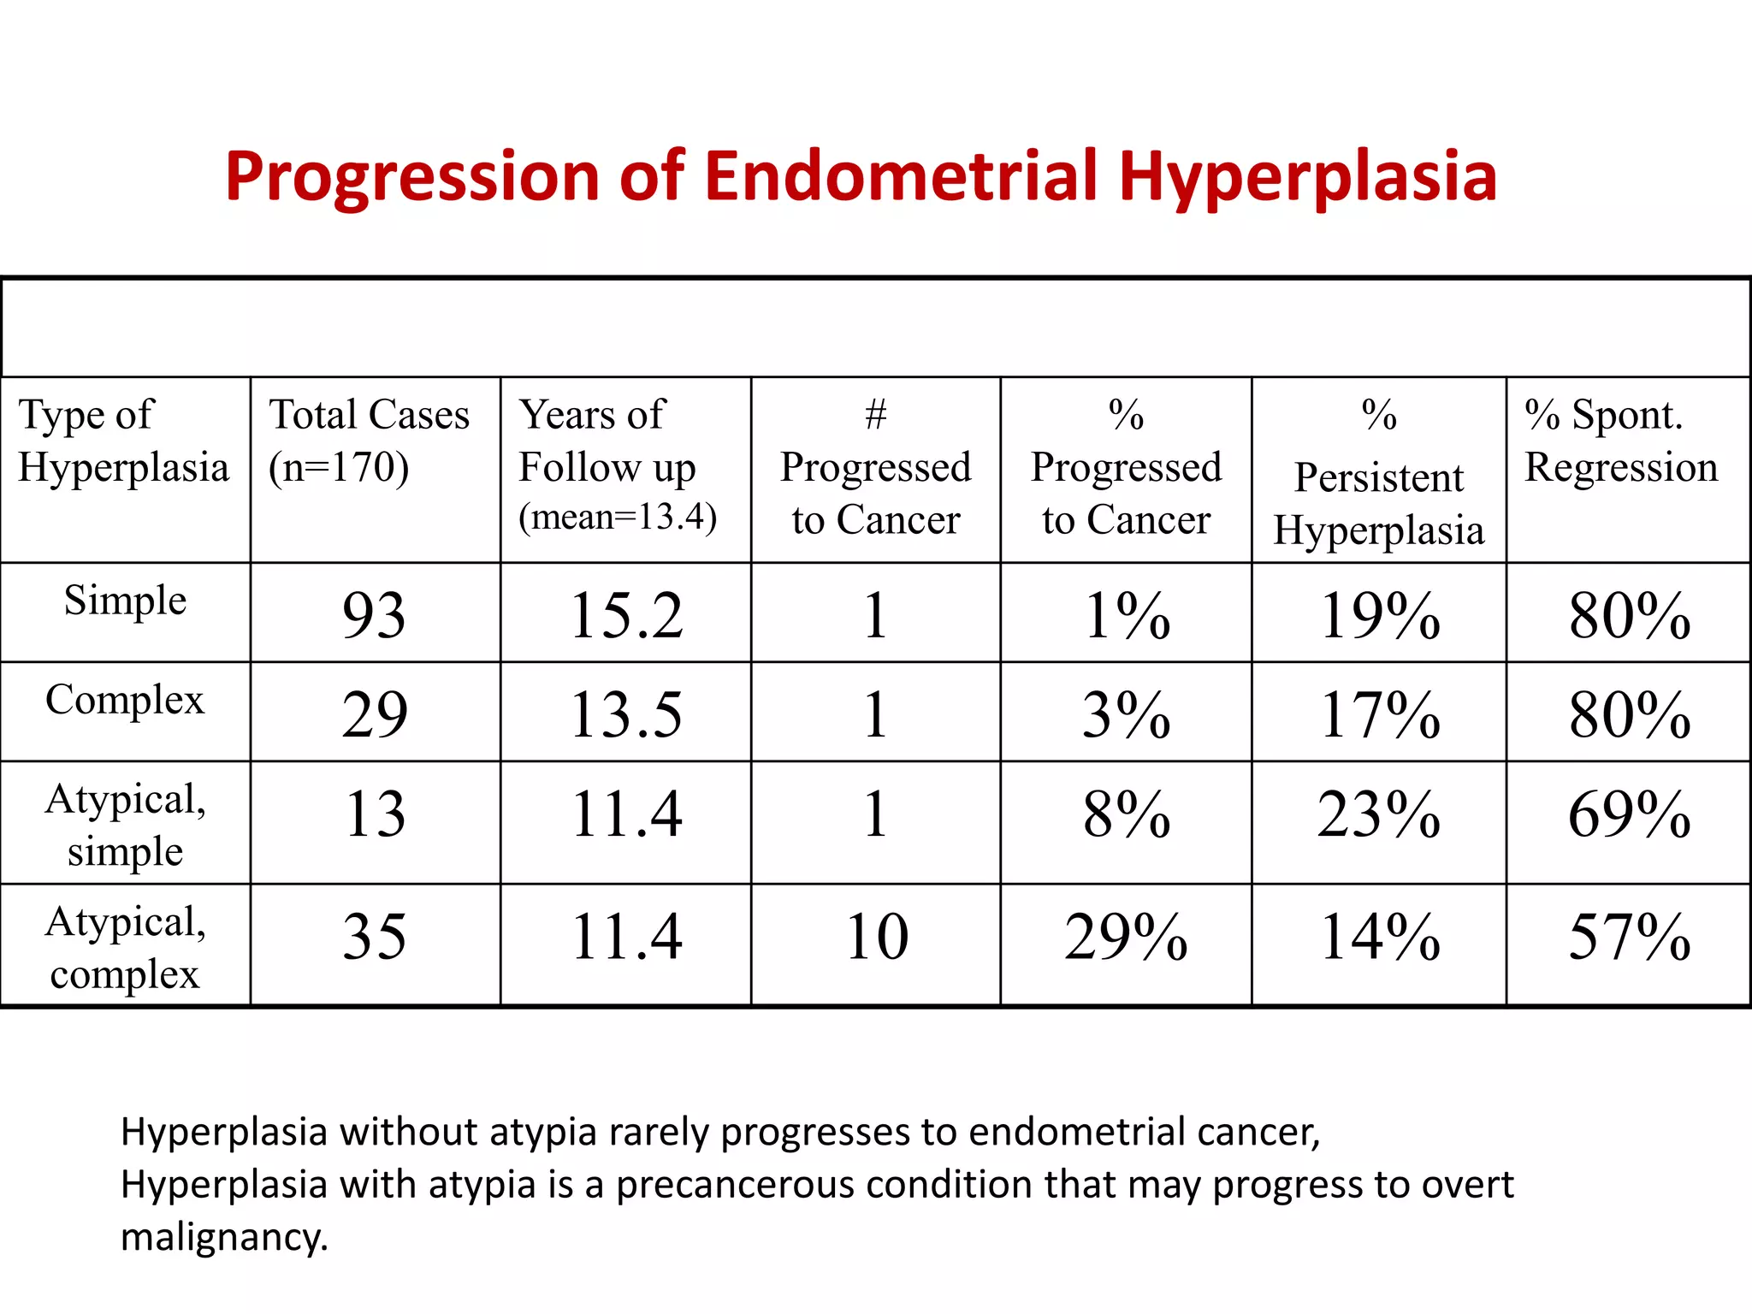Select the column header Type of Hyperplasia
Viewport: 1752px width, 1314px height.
click(x=123, y=441)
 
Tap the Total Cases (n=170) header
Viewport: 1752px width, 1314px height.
click(x=369, y=441)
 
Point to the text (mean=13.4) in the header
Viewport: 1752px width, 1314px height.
click(x=618, y=517)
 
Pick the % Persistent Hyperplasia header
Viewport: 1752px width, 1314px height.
click(x=1378, y=475)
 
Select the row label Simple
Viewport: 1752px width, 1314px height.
click(x=125, y=601)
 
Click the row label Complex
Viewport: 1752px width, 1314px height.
click(x=125, y=700)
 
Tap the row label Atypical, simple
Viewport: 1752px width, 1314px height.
click(x=125, y=825)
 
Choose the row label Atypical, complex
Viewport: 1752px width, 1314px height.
click(x=125, y=948)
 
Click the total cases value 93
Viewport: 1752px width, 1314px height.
click(x=374, y=615)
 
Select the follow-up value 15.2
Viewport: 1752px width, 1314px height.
click(x=626, y=615)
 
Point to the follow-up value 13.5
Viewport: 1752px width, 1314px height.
click(x=626, y=714)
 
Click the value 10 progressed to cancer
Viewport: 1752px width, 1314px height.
click(x=876, y=937)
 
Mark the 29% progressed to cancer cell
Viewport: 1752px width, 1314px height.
click(x=1126, y=937)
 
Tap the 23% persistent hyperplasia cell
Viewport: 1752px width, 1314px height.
click(x=1378, y=814)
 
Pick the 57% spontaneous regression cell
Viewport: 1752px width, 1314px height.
click(x=1629, y=937)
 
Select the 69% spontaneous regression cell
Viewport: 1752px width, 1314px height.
click(x=1629, y=814)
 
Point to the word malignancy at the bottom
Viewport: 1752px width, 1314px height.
click(x=224, y=1238)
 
